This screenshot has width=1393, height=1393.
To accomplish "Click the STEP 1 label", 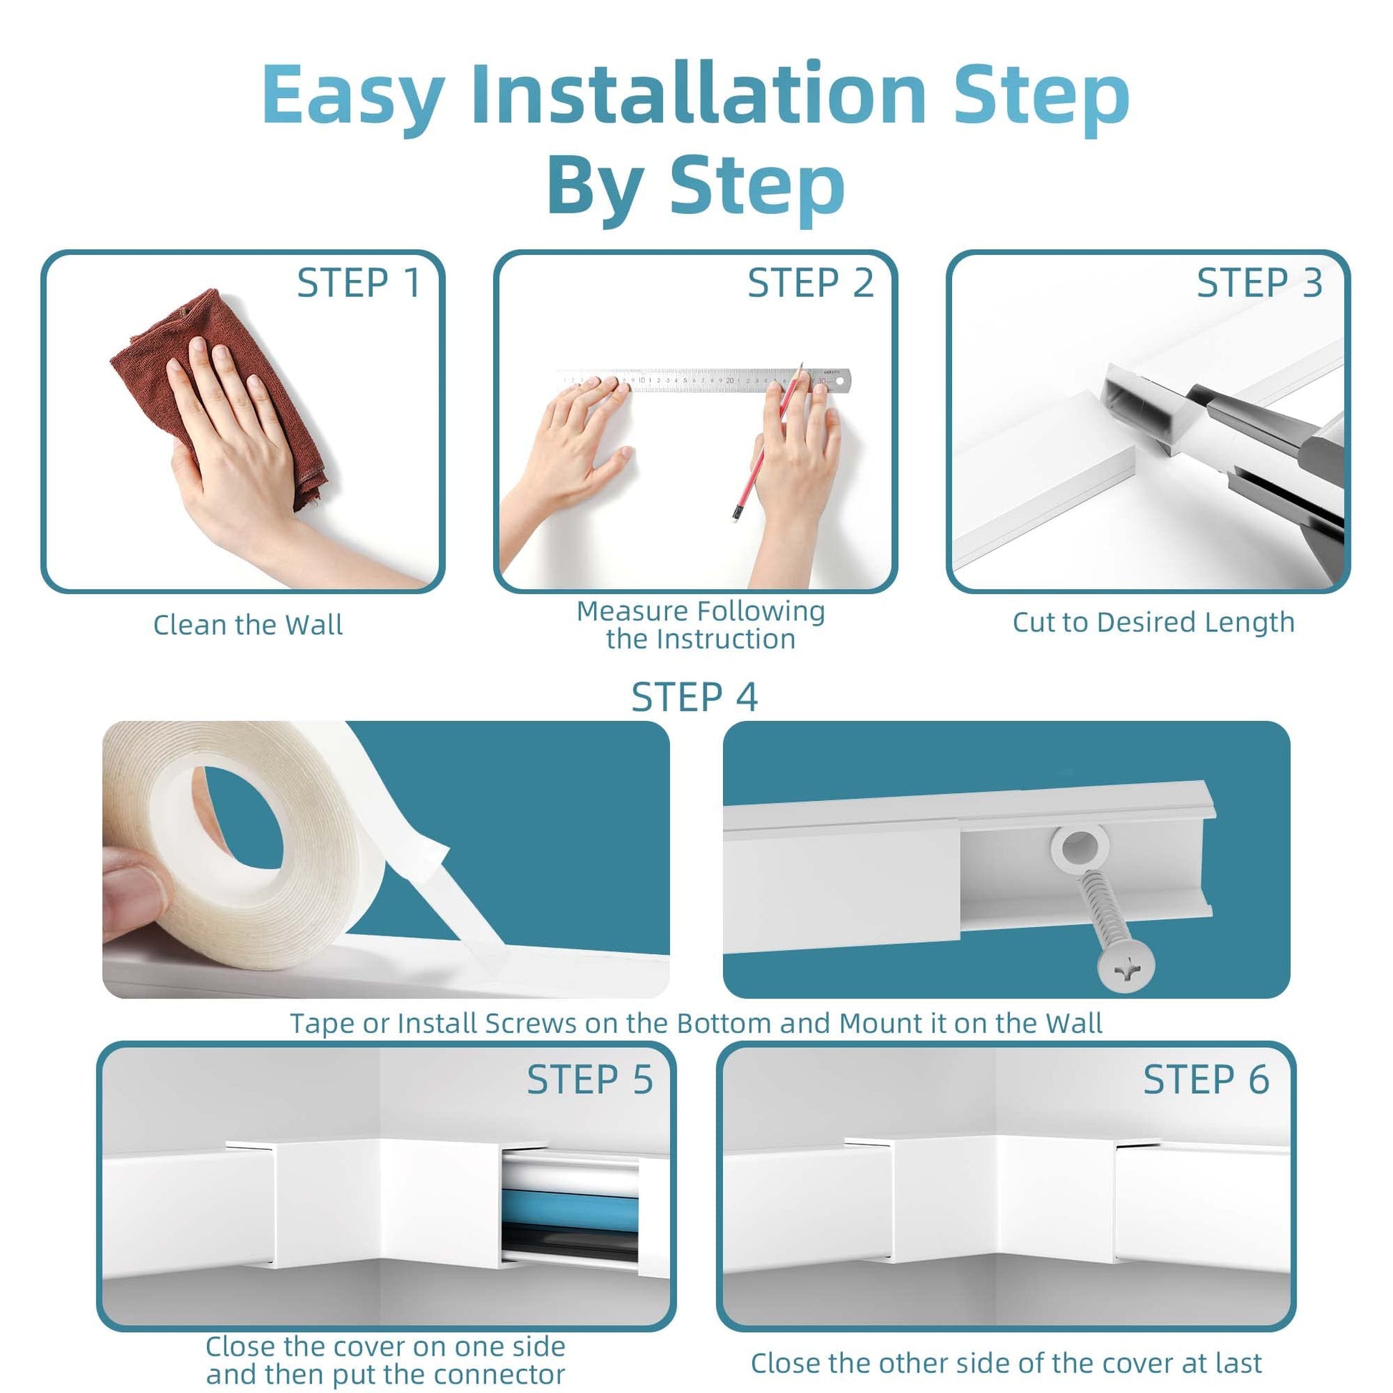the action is [359, 283].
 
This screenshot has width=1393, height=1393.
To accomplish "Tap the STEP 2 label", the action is [810, 283].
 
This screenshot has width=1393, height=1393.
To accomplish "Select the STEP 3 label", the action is [1260, 283].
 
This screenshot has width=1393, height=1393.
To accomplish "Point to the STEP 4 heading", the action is [695, 697].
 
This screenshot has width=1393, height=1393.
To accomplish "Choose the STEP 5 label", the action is [590, 1080].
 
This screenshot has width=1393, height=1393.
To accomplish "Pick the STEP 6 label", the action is [1206, 1080].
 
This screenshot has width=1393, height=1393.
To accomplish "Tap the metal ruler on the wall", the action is [703, 380].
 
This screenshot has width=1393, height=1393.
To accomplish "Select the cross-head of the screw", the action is [1125, 964].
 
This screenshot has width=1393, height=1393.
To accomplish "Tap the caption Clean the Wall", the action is [248, 625].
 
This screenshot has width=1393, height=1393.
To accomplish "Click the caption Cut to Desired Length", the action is [1154, 623].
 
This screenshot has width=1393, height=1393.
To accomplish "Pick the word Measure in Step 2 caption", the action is [632, 611].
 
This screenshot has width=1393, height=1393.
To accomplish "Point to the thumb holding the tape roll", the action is [137, 894].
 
